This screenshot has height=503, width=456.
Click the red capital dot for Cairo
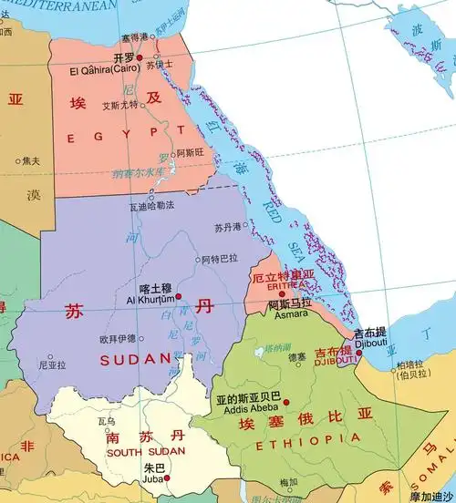point(140,57)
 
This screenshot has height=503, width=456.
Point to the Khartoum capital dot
point(179,296)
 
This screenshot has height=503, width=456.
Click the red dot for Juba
point(167,477)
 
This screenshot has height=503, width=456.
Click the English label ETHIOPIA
point(295,444)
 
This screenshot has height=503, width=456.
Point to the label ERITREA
point(284,285)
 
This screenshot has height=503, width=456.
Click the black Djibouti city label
point(371,344)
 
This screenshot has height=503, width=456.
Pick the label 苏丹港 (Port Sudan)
point(229,227)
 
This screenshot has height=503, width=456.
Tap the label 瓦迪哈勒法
point(151,208)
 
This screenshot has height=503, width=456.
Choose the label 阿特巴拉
point(220,259)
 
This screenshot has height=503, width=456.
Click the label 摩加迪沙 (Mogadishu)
point(431,497)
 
